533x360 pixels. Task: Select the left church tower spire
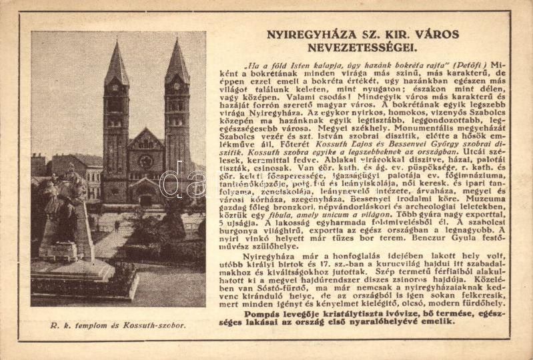(x=117, y=63)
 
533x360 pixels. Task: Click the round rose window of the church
(x=145, y=162)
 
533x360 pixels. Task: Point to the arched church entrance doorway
(x=145, y=197)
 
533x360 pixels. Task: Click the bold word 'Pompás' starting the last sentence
(x=263, y=314)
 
